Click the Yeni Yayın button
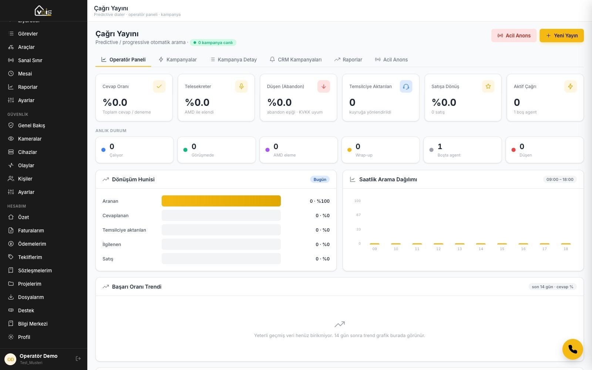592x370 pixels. pos(561,36)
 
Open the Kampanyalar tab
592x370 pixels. pos(178,60)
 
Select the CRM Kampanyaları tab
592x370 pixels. pos(296,60)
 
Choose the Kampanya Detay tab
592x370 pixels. pos(233,60)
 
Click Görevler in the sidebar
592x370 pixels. pos(28,34)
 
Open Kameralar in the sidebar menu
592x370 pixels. pos(30,139)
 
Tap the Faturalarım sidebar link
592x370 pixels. pos(31,231)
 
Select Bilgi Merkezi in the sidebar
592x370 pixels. pos(33,324)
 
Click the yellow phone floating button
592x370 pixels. pos(572,349)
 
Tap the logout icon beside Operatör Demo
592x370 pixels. pos(78,359)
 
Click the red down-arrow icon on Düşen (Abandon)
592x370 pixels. pos(323,87)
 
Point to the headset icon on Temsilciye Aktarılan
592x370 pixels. pos(406,87)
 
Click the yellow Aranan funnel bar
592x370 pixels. pos(221,201)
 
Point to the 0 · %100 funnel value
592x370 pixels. pos(320,201)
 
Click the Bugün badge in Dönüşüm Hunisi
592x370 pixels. pos(320,179)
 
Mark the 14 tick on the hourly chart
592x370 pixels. pos(481,249)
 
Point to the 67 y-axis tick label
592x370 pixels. pos(359,215)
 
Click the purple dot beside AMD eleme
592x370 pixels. pos(268,150)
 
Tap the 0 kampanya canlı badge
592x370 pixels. pos(213,43)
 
